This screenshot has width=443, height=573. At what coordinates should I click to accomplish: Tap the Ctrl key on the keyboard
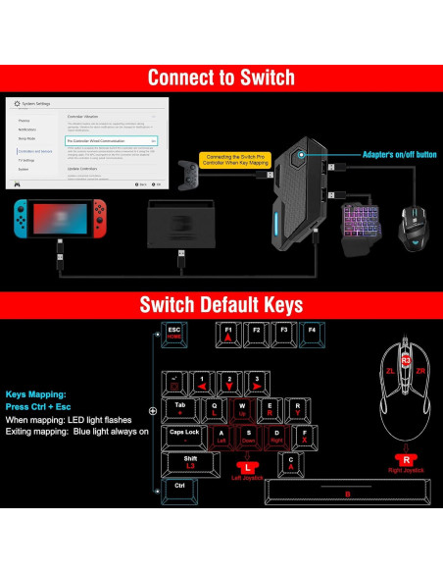point(179,487)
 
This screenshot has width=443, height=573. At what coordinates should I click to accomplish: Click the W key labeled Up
point(242,408)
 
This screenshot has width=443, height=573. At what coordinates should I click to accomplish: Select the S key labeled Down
point(249,435)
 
